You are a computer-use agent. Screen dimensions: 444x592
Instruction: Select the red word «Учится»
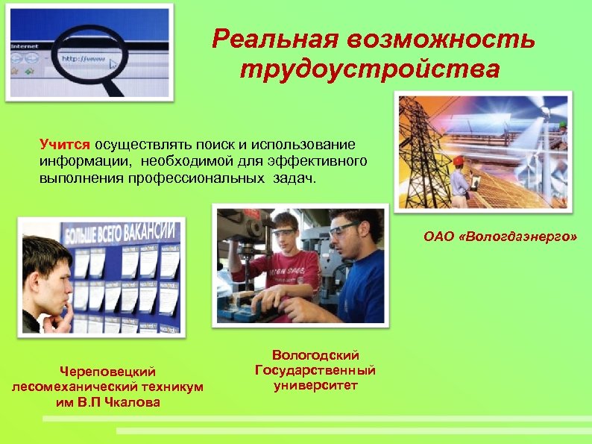click(65, 143)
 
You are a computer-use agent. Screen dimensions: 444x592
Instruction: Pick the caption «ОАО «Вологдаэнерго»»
click(500, 237)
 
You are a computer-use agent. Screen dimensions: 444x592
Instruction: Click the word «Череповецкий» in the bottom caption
click(108, 370)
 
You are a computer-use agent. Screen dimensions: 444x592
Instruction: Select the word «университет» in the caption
click(315, 386)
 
